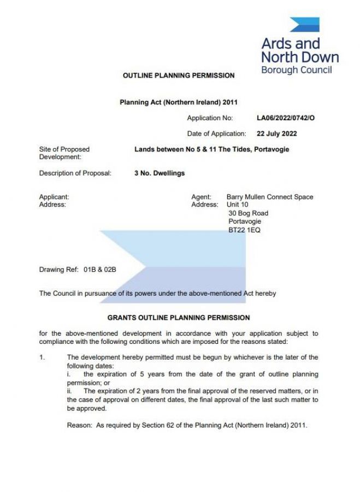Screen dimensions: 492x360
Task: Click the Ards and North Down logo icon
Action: point(304,25)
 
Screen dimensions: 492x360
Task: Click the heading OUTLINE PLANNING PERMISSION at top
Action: point(179,75)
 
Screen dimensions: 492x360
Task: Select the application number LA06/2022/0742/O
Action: point(286,118)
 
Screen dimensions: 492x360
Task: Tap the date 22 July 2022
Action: point(277,133)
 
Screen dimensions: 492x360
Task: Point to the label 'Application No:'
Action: point(210,118)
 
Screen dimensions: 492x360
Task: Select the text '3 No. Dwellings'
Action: point(160,173)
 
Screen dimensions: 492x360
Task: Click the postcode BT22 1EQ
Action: point(244,230)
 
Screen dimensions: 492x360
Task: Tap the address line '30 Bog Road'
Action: point(248,213)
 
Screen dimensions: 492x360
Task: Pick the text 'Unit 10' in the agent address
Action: point(237,204)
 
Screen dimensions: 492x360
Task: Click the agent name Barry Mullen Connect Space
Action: point(270,197)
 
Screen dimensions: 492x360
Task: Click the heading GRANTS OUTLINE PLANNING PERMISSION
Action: point(179,318)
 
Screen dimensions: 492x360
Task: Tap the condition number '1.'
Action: point(42,358)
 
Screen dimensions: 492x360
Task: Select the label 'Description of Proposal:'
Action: point(75,173)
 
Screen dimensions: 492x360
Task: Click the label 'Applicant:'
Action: point(54,197)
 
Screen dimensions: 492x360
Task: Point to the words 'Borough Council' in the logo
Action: point(296,70)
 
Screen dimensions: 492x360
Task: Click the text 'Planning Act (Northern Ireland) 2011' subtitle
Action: point(179,102)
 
